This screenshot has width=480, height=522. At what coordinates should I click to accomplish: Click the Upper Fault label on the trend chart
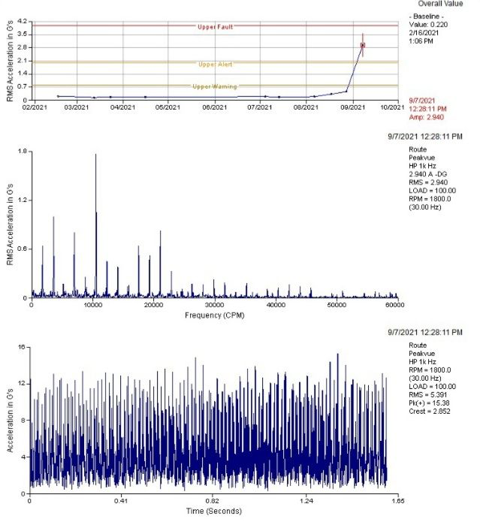click(215, 27)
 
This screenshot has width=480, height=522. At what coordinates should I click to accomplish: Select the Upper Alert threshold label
click(216, 65)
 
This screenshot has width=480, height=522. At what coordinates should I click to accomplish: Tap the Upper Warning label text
click(215, 86)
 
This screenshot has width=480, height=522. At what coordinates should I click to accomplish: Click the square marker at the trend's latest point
click(363, 45)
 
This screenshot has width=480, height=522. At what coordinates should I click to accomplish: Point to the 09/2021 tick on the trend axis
click(352, 107)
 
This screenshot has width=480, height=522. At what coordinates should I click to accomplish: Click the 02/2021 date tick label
click(35, 107)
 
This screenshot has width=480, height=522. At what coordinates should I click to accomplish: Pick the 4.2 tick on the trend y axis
click(23, 22)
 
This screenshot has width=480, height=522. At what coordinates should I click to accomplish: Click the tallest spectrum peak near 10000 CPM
click(96, 154)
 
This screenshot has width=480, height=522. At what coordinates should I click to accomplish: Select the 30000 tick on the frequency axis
click(214, 305)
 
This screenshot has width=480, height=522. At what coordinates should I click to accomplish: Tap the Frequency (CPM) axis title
click(215, 315)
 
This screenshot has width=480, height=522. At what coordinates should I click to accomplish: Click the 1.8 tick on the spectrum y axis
click(23, 152)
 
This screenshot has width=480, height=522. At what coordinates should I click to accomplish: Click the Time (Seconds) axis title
click(214, 511)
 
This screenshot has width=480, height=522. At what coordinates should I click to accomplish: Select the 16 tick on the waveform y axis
click(22, 347)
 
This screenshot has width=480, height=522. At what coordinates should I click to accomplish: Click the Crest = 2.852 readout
click(430, 411)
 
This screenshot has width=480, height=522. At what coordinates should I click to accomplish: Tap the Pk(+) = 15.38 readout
click(429, 403)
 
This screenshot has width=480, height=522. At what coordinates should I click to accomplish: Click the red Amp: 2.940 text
click(427, 117)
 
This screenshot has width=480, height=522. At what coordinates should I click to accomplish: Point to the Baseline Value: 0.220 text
click(428, 25)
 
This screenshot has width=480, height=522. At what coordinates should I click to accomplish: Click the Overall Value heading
click(440, 4)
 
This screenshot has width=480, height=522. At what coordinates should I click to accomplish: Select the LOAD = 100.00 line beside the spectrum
click(433, 191)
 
